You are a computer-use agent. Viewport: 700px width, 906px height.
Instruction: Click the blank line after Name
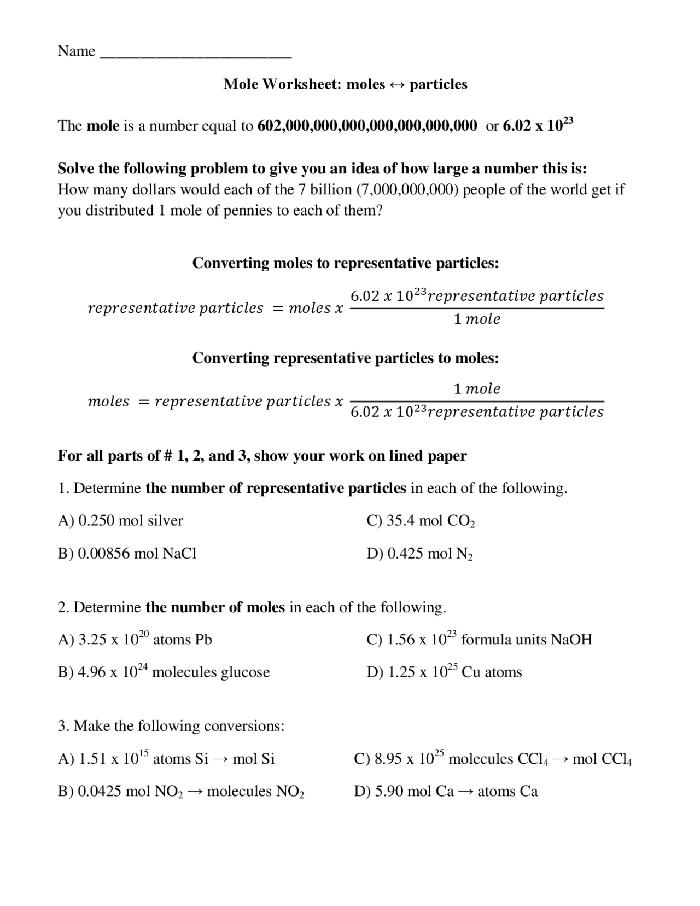tap(197, 55)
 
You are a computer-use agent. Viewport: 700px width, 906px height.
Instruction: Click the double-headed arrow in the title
tap(397, 85)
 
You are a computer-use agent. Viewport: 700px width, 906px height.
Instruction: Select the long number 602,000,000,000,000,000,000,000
tap(367, 126)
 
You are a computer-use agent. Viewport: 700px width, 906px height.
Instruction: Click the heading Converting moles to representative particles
tap(346, 263)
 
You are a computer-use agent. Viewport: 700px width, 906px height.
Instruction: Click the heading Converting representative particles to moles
tap(346, 358)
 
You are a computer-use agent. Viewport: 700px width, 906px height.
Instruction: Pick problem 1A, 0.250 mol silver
tap(120, 520)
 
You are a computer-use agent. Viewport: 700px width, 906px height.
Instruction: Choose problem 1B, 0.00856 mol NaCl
tap(127, 554)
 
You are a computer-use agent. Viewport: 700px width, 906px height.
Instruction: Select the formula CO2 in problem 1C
tap(461, 521)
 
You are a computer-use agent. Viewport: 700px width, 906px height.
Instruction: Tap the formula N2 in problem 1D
tap(464, 554)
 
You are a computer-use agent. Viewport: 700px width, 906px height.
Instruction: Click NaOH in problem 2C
tap(571, 640)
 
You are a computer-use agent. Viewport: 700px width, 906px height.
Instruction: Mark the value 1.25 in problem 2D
tap(401, 672)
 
